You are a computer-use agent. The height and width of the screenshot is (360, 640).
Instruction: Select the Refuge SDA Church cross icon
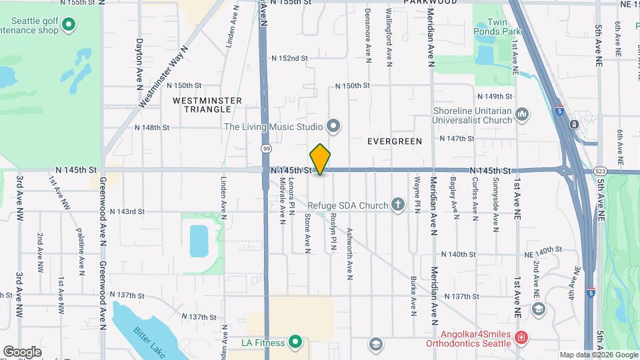point(398,204)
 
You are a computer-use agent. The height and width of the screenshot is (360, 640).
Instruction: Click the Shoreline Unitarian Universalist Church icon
point(523,115)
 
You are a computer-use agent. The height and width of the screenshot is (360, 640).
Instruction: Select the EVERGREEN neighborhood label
point(395,141)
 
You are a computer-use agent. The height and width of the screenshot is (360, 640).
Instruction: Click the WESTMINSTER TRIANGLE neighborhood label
point(198,104)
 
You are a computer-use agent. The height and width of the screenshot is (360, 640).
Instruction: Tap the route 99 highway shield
point(266,149)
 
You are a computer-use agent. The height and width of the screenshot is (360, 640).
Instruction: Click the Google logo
point(22,351)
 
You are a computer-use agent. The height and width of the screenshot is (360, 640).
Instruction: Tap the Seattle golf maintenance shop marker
point(68,26)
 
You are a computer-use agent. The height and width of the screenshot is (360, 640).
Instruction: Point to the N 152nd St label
point(289,59)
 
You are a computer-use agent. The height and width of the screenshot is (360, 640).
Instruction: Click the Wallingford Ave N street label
point(389,37)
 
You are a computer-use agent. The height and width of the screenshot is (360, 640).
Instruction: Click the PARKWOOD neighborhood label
point(430,3)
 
